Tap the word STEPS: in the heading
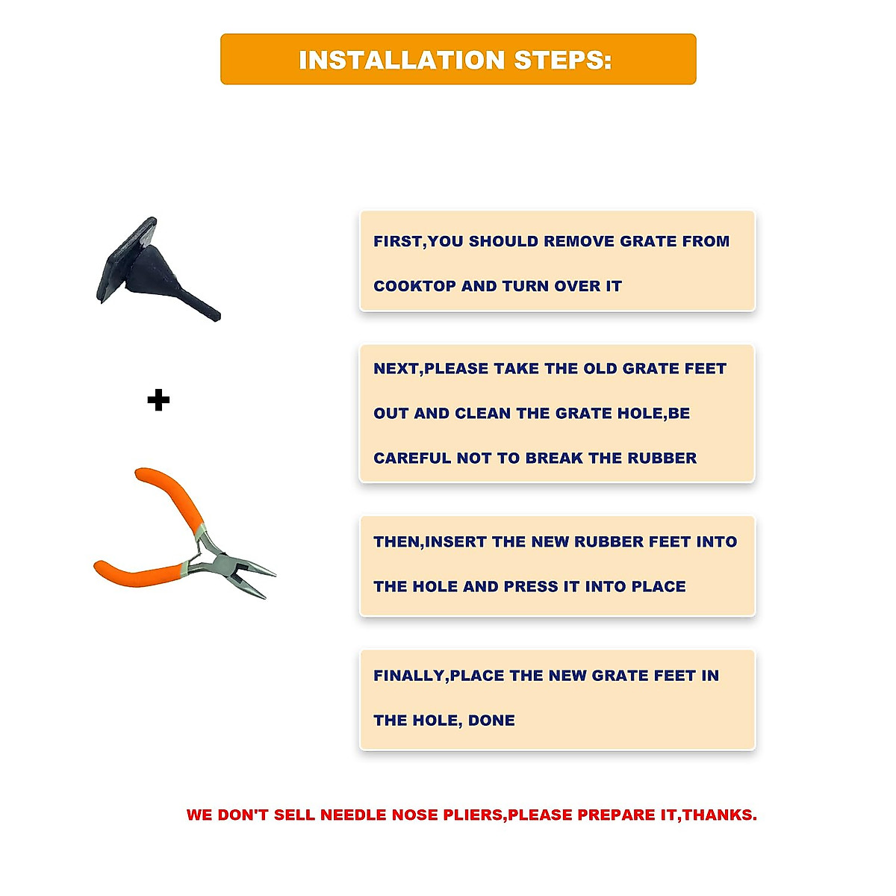click(x=563, y=60)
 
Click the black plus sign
click(x=158, y=400)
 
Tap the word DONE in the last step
click(x=491, y=721)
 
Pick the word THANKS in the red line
click(x=718, y=815)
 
